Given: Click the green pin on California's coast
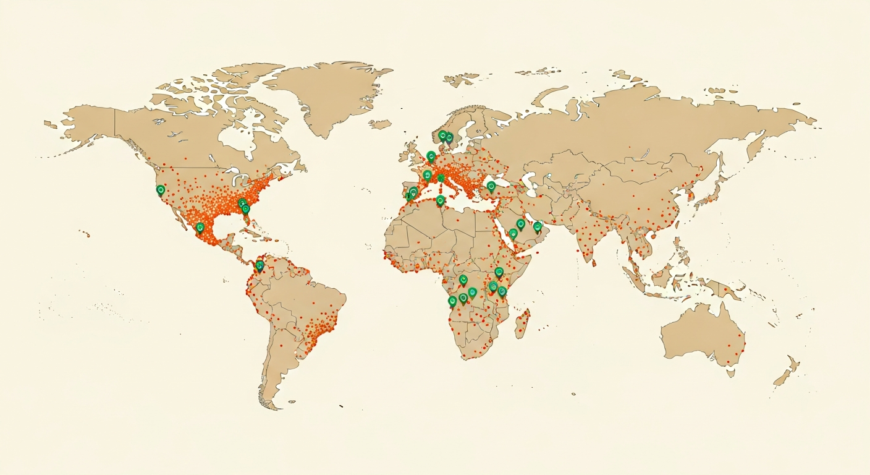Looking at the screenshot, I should click(x=161, y=190).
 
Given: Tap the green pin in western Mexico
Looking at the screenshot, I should click(x=200, y=228).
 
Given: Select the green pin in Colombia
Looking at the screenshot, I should click(x=260, y=265).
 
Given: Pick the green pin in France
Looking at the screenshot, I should click(x=427, y=174).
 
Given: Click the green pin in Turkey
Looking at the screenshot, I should click(x=491, y=185).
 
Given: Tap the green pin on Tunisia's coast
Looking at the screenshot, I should click(x=440, y=200).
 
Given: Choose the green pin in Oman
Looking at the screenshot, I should click(x=538, y=226).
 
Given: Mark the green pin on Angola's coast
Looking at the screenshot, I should click(x=452, y=301).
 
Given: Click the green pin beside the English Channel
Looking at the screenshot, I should click(x=431, y=156).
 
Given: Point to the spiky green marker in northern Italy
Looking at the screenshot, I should click(x=441, y=178).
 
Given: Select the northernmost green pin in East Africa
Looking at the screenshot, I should click(x=499, y=272).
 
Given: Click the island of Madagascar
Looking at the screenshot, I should click(x=523, y=324).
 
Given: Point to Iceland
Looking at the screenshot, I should click(x=380, y=124).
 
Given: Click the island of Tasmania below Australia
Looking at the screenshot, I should click(x=730, y=373).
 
